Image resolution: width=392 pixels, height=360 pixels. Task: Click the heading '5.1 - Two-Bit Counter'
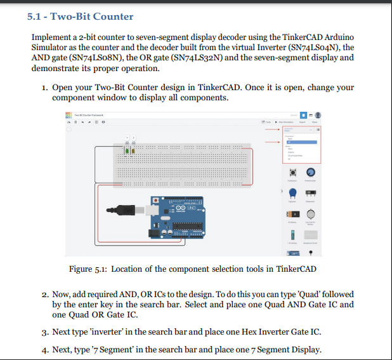pos(81,16)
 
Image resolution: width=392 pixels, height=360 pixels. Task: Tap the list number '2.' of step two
pos(45,295)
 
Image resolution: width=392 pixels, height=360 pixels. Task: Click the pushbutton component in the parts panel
pos(292,172)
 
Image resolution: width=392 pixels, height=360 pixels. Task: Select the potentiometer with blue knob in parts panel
pos(311,172)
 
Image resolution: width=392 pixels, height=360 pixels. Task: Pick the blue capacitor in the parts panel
pos(292,193)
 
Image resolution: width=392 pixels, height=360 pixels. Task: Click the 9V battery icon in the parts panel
pos(292,215)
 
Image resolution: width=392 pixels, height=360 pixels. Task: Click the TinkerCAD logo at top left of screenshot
pos(68,114)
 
